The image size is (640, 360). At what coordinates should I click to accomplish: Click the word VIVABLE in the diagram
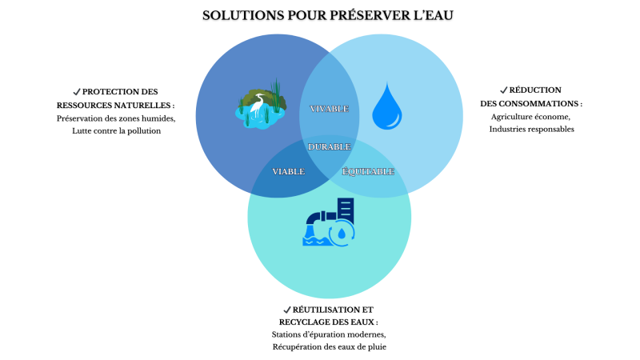329,108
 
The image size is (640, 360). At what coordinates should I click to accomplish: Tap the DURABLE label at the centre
329,147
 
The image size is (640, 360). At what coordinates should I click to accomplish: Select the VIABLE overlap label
288,171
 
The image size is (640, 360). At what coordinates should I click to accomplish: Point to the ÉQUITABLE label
368,171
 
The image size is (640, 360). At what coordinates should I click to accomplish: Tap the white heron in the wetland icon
258,105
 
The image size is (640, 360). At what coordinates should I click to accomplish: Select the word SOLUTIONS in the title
239,15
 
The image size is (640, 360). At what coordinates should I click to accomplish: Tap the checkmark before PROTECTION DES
76,91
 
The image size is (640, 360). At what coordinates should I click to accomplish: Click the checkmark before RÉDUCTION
503,90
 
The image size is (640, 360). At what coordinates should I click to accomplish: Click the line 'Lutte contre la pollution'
116,130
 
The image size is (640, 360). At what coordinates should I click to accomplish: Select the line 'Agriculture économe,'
531,117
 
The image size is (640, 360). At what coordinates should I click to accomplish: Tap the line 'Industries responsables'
531,129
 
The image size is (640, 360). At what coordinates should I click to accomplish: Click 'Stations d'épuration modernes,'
329,334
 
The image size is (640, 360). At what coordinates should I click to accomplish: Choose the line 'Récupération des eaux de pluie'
329,347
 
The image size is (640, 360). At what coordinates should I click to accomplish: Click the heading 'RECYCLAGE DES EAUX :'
329,322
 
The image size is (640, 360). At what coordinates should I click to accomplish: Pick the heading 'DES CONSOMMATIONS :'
531,103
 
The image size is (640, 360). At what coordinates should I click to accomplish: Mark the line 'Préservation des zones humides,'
116,118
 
